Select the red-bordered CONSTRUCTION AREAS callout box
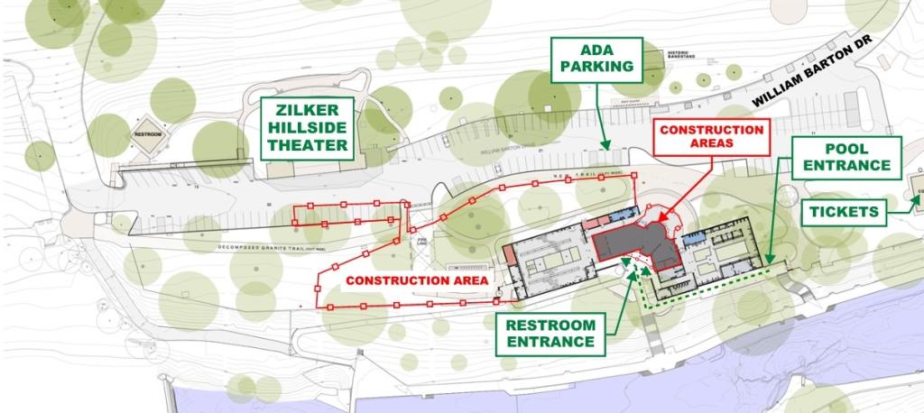[x=711, y=137]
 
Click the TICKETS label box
[x=844, y=212]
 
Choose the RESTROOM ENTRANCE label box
[x=551, y=334]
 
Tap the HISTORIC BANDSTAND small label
[x=679, y=55]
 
